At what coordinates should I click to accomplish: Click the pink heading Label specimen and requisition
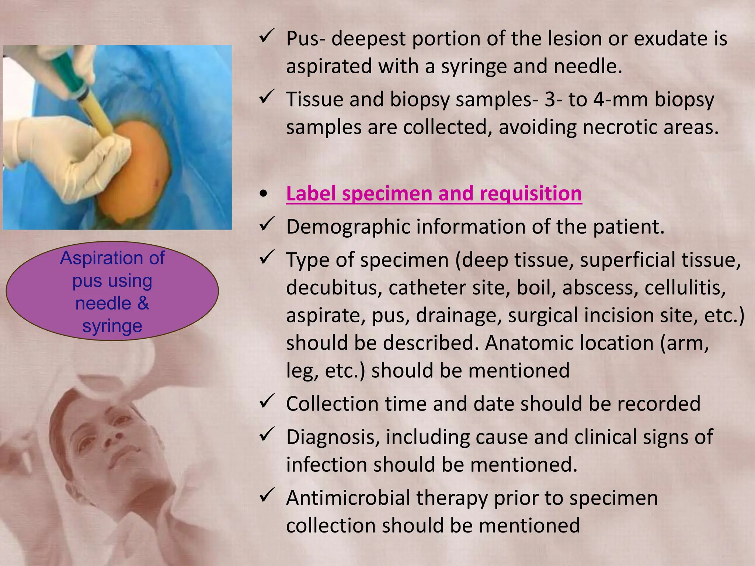pos(434,193)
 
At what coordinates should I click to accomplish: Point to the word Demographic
pos(348,227)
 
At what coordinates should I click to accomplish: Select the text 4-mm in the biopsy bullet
pos(620,99)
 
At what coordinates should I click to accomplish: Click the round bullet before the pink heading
pos(263,194)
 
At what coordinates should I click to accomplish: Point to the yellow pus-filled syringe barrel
pos(98,111)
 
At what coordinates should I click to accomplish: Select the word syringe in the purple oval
pos(112,326)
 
